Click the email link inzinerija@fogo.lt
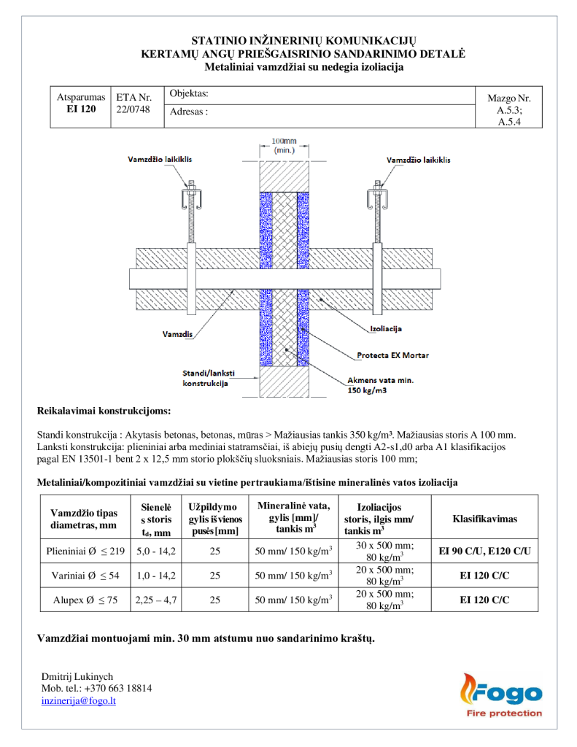click(79, 701)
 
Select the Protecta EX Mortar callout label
click(392, 356)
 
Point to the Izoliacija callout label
click(388, 329)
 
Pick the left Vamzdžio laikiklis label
click(160, 159)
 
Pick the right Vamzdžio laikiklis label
click(418, 159)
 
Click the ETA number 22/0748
click(133, 109)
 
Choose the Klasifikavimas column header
click(484, 519)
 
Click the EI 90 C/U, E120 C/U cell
click(484, 551)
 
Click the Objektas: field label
click(189, 93)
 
